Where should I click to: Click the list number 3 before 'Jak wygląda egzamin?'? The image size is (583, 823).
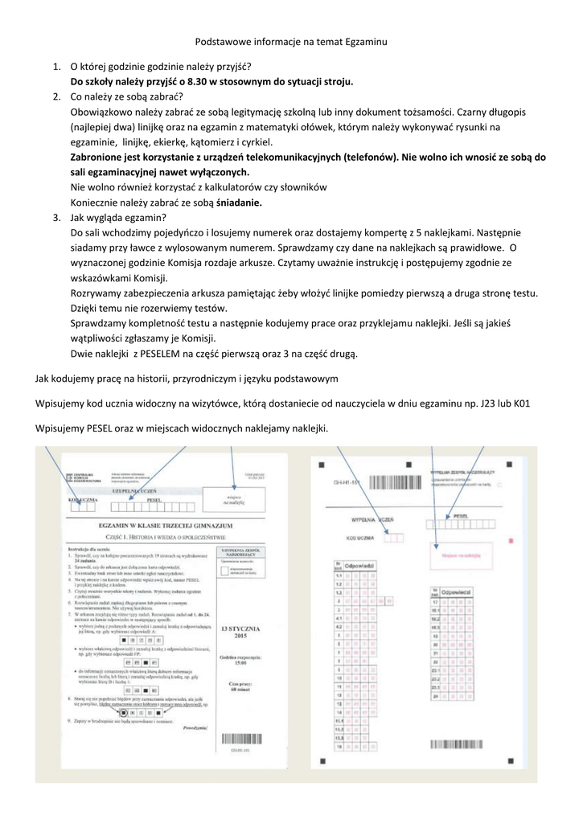(x=57, y=218)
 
